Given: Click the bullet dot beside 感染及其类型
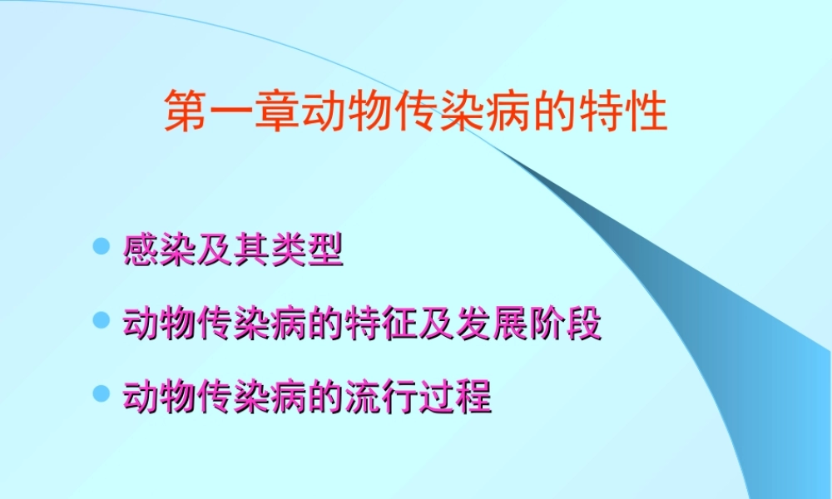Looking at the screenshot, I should (102, 247).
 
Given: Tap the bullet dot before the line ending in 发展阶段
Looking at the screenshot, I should (102, 321).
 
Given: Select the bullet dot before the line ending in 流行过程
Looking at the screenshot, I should (102, 393).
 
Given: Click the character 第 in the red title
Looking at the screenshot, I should (185, 112).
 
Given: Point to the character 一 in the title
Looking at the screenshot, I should (230, 112).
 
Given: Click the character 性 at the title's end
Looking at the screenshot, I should (646, 112).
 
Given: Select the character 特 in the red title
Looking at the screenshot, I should (601, 112).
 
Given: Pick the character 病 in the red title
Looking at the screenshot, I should (508, 112).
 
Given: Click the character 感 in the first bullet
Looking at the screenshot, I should (141, 250).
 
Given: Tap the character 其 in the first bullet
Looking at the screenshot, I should (251, 250).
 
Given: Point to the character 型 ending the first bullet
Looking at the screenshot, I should (325, 250).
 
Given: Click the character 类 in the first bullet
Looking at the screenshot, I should (289, 250).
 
